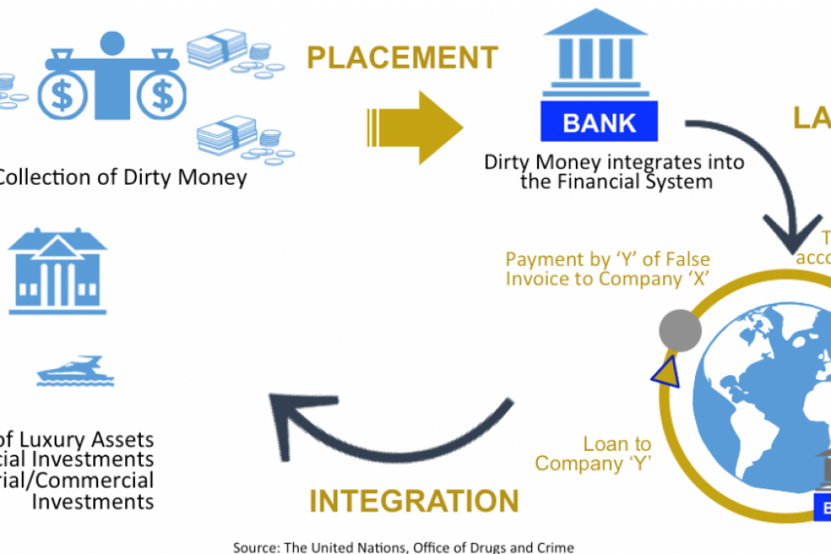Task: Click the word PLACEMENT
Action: click(402, 58)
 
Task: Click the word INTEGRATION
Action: click(414, 501)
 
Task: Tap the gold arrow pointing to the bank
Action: click(415, 127)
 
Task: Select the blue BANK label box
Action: click(599, 123)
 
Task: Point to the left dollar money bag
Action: click(63, 94)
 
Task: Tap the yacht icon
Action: click(75, 371)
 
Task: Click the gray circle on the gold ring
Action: click(680, 329)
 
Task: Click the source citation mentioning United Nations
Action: click(403, 547)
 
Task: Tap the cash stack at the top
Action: click(217, 50)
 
